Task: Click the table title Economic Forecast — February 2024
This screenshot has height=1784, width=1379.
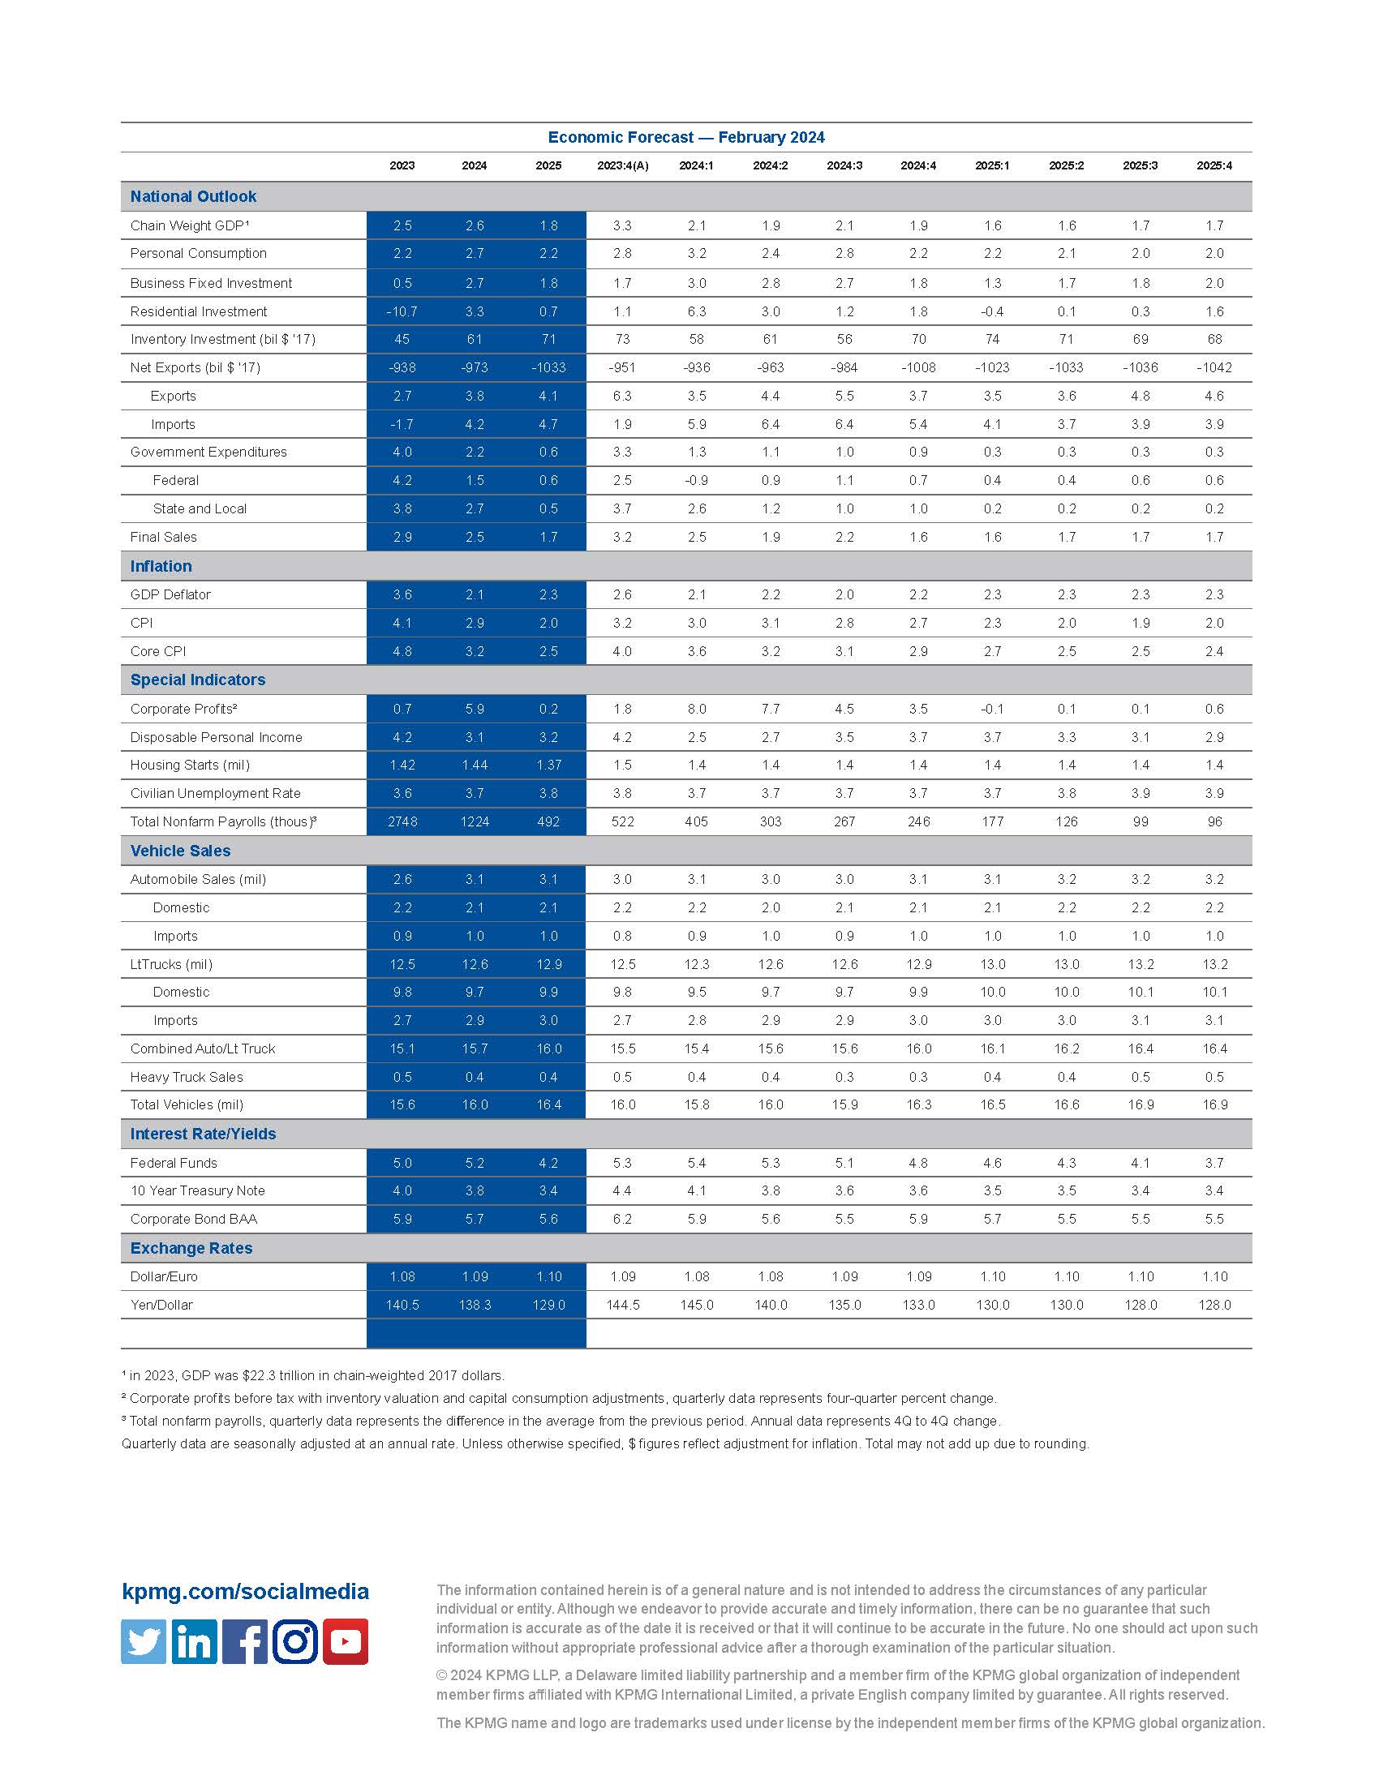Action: tap(685, 137)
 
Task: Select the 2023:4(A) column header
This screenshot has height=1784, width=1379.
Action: tap(622, 165)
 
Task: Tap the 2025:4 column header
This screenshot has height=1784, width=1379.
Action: tap(1214, 165)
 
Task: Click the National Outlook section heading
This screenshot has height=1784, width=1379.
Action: tap(193, 197)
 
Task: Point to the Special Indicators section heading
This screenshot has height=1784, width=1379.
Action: tap(198, 680)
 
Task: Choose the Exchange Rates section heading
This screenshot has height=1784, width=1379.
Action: tap(191, 1248)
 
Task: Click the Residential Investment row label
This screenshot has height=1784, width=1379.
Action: tap(199, 311)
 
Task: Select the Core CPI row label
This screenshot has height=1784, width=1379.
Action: tap(157, 651)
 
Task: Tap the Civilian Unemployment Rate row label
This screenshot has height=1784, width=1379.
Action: tap(215, 793)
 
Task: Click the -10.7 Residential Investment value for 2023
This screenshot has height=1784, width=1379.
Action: tap(402, 311)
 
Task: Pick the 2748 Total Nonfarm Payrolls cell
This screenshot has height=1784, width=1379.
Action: tap(402, 821)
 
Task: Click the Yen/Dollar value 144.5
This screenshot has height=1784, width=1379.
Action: tap(622, 1305)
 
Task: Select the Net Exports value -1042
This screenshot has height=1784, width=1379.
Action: tap(1214, 367)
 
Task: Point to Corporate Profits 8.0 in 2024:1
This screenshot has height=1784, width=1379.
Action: tap(696, 709)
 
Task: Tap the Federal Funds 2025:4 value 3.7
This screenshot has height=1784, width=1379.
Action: tap(1214, 1162)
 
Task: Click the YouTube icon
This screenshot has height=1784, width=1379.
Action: tap(346, 1641)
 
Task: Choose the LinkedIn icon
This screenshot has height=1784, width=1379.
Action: tap(195, 1641)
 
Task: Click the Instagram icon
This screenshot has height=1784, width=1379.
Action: tap(295, 1641)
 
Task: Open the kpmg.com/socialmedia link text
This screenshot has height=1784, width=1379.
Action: tap(245, 1591)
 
